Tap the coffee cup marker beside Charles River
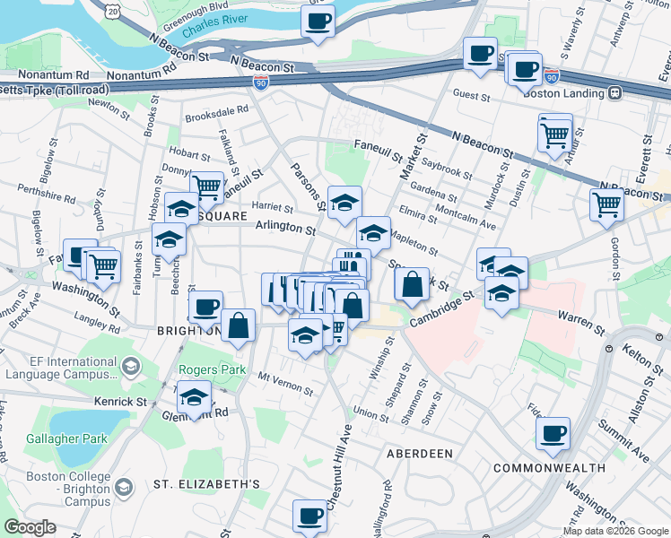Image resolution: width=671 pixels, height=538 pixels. coord(318,21)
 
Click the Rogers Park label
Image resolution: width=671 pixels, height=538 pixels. coord(205,369)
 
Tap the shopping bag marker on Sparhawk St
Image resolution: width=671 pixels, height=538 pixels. coord(411,284)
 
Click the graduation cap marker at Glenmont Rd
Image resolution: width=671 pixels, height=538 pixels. coord(194,396)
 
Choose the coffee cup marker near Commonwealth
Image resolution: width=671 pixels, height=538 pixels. coord(553,434)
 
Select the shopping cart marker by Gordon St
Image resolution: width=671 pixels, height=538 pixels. coord(606,204)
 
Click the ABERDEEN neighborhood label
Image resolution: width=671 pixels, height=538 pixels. coord(419,454)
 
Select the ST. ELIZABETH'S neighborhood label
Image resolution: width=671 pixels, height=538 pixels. coord(206,484)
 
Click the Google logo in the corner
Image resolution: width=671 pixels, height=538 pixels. coord(30,527)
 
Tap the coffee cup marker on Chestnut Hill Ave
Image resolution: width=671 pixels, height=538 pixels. coord(310,516)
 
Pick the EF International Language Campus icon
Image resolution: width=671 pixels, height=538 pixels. coord(130,367)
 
